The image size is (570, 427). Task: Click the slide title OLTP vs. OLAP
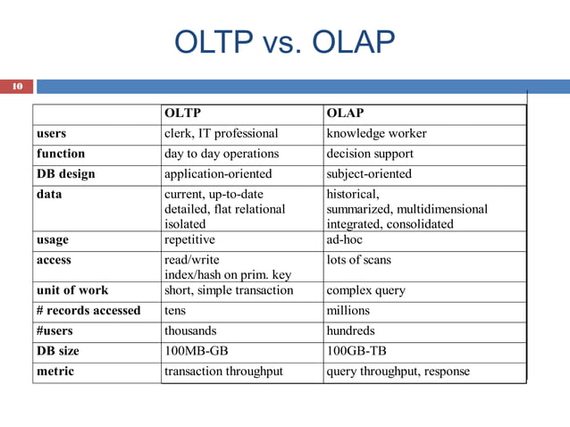(285, 42)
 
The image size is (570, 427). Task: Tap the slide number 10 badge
(16, 88)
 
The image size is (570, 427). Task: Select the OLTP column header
(183, 113)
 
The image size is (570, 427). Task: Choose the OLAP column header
(345, 113)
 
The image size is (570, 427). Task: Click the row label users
(51, 134)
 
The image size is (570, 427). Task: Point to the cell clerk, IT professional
(222, 134)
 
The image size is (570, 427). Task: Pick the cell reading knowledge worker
(376, 134)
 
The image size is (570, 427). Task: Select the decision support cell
(370, 154)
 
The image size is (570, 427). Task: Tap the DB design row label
(65, 173)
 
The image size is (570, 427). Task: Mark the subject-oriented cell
(369, 173)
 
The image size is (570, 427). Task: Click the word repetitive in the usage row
(189, 240)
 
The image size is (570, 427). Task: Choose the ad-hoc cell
(345, 240)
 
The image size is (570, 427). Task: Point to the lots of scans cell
(358, 260)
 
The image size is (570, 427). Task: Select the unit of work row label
(72, 290)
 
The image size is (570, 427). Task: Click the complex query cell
(365, 290)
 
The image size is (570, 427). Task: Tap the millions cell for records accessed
(348, 311)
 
